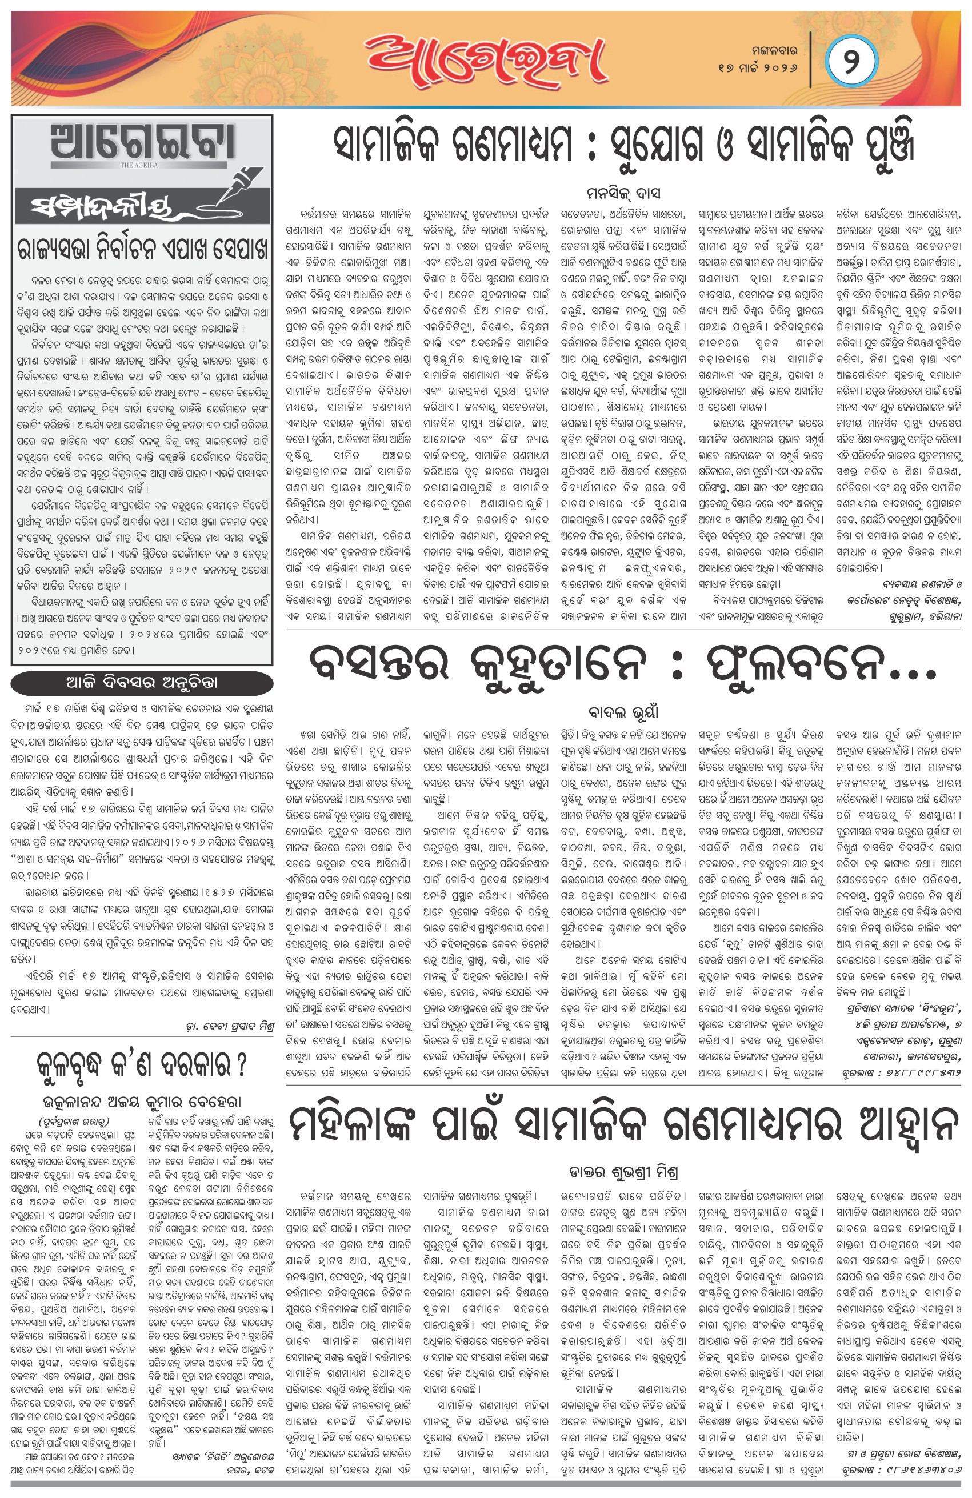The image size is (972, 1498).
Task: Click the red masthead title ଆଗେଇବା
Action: [485, 60]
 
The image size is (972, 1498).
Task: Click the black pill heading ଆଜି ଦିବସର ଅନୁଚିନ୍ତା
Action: [142, 683]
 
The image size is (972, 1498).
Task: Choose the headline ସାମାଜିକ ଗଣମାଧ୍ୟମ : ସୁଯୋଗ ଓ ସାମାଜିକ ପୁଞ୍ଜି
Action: [623, 145]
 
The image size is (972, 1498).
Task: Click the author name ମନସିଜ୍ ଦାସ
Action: [623, 193]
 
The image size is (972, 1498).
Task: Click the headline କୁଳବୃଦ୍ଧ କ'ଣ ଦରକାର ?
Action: [142, 1064]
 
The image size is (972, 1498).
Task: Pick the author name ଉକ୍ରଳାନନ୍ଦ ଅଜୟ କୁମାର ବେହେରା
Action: [142, 1102]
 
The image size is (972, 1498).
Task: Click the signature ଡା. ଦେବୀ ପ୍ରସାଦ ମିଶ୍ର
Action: [230, 1027]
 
